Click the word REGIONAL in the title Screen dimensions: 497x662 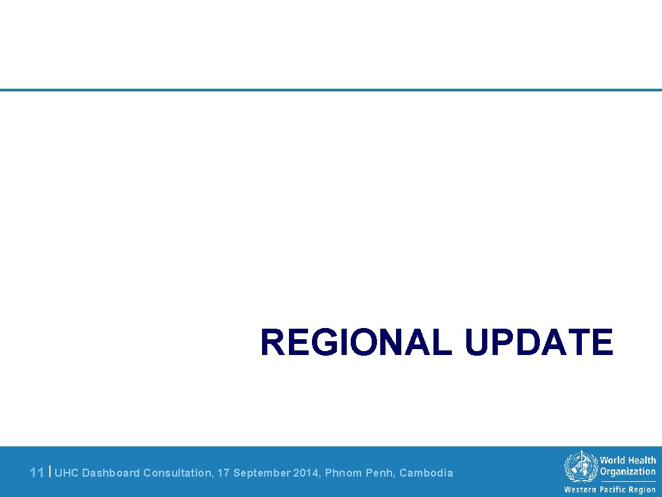tap(356, 343)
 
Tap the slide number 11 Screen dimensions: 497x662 tap(37, 473)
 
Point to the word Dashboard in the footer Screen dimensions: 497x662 tap(111, 473)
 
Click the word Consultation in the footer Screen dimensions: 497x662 tap(177, 473)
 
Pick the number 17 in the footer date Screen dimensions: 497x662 tap(223, 473)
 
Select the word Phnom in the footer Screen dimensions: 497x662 tap(341, 473)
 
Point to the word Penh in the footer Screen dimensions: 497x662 tap(379, 473)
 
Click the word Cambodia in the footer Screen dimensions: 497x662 tap(426, 473)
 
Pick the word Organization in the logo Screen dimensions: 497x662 tap(627, 471)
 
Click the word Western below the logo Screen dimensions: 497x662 tap(581, 490)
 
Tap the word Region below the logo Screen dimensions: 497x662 tap(642, 490)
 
